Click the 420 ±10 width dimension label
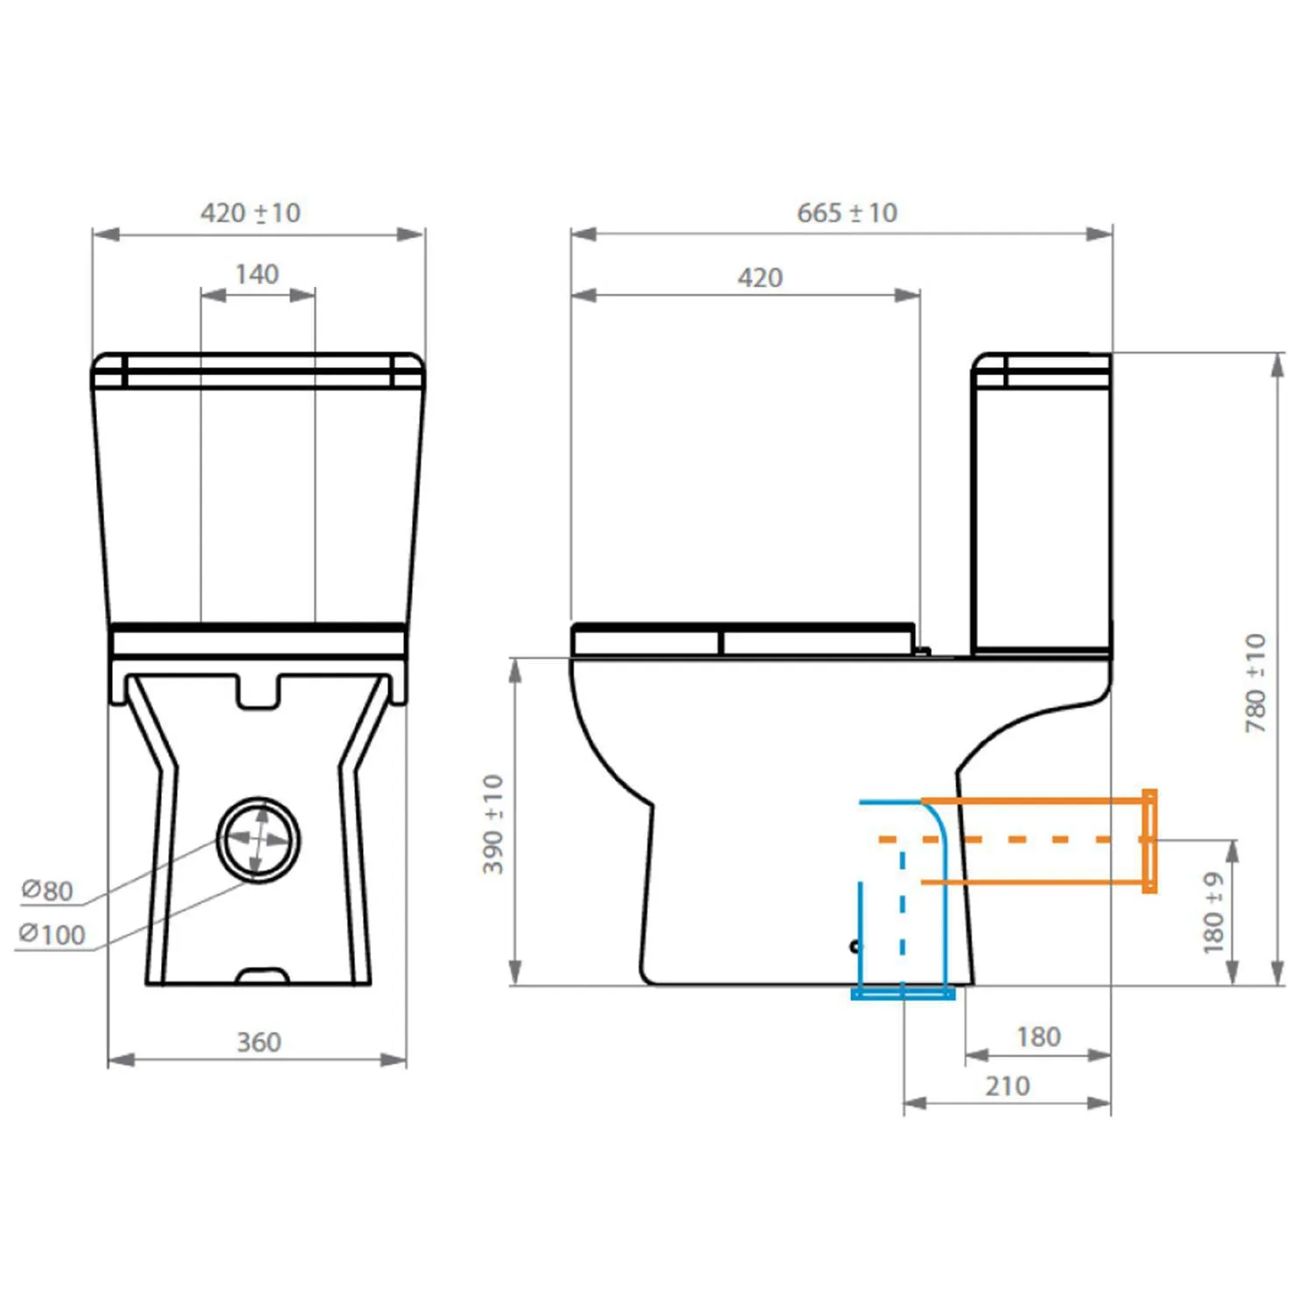pos(250,213)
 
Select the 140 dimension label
pos(257,275)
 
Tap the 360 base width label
pos(259,1042)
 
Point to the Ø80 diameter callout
pos(47,890)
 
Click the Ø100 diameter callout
pos(52,935)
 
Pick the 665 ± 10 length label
pos(847,213)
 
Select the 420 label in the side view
pos(760,278)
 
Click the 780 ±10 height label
pos(1256,683)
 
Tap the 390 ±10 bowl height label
pos(493,824)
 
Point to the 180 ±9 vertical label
pos(1214,912)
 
